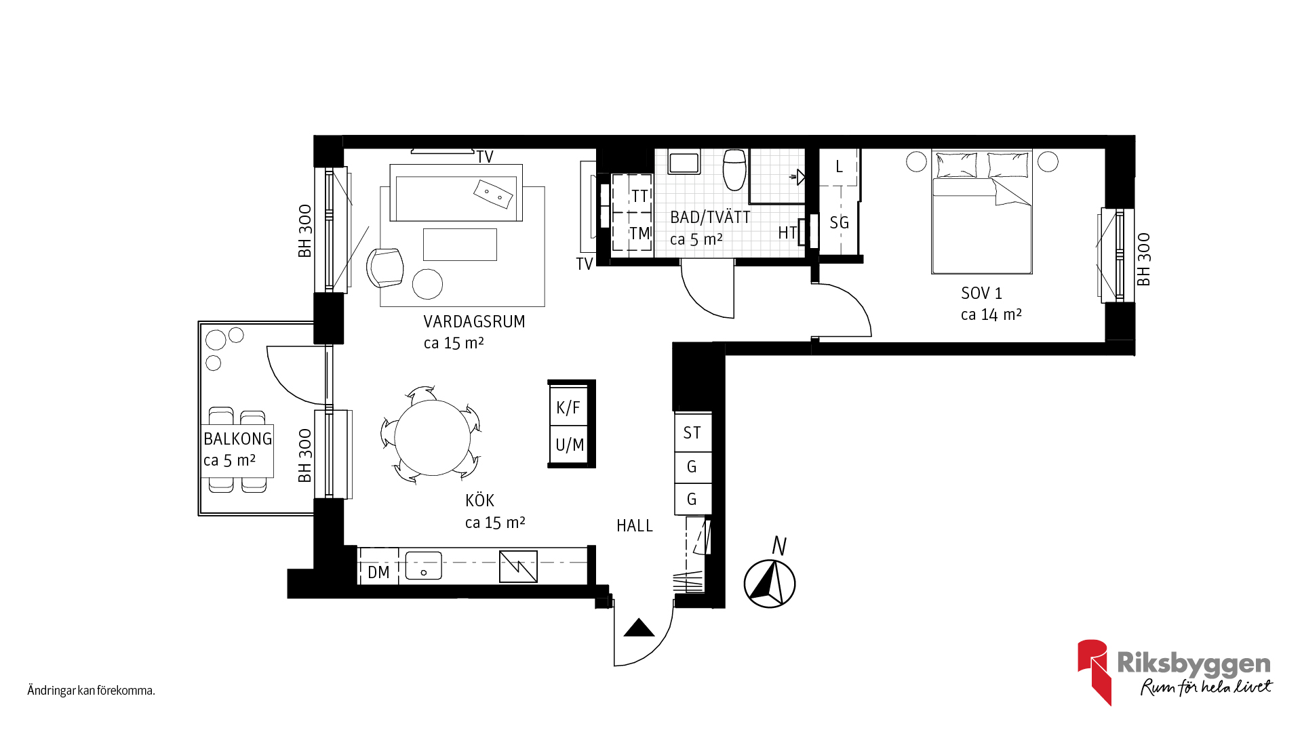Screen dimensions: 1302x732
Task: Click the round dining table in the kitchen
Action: (433, 438)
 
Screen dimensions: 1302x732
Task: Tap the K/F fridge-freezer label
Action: (568, 407)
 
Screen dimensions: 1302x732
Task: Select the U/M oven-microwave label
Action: (570, 445)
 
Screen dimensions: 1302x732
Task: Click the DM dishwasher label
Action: (378, 572)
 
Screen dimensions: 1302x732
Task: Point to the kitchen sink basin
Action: (423, 566)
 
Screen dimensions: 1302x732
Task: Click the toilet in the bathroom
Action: (734, 169)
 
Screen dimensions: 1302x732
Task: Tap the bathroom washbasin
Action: (684, 162)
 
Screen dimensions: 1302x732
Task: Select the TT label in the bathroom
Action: (640, 196)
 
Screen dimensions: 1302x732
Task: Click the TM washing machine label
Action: (640, 233)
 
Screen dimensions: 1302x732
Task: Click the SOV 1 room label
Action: (981, 293)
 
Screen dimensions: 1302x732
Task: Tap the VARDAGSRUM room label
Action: (474, 321)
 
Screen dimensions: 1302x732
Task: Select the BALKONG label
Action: (237, 439)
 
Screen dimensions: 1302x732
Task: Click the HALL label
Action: (635, 525)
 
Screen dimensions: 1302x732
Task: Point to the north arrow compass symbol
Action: (770, 584)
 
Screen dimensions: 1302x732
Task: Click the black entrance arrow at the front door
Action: (639, 628)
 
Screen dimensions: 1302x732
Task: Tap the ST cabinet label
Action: (692, 432)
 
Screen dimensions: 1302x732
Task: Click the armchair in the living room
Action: (384, 267)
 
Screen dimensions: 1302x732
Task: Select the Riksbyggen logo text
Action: (1193, 664)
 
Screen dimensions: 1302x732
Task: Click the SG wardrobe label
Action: (839, 222)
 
